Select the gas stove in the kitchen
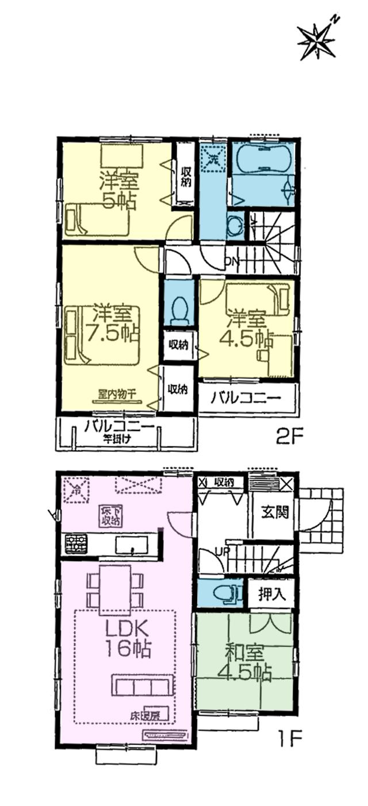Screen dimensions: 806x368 (75, 543)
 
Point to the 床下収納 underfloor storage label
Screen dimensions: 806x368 (109, 516)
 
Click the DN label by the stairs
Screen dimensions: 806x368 (231, 262)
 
